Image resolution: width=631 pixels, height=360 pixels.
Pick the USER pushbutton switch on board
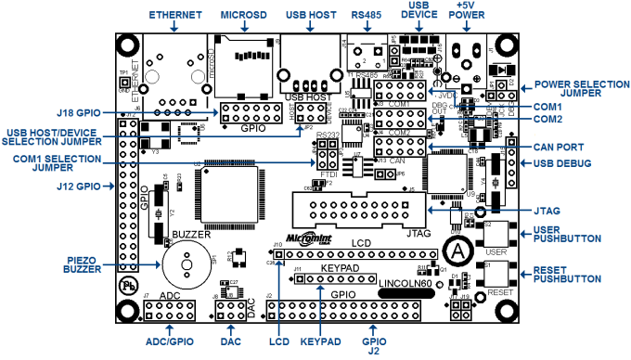(496, 233)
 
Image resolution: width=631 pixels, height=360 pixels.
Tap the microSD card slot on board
(243, 67)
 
